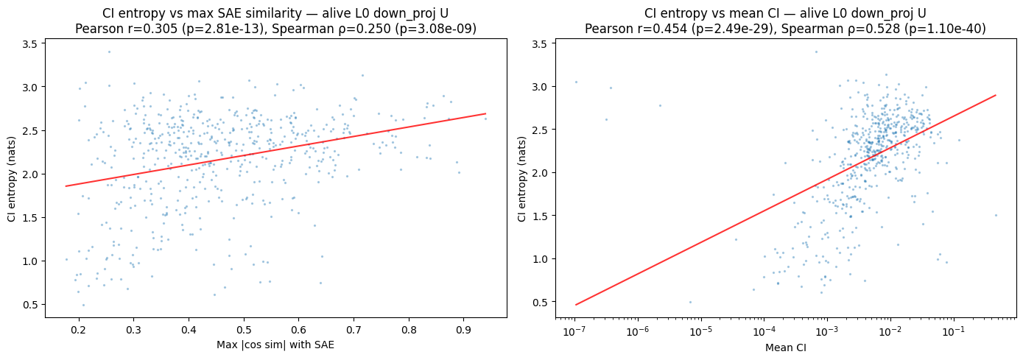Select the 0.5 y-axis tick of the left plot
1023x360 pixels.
point(29,304)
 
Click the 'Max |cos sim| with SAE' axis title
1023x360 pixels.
point(275,345)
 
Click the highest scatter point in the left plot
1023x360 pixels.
point(109,52)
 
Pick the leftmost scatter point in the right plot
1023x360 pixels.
point(576,82)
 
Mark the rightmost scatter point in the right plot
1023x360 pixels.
point(996,216)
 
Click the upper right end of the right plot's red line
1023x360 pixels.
point(996,95)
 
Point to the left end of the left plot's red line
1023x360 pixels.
point(66,186)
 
